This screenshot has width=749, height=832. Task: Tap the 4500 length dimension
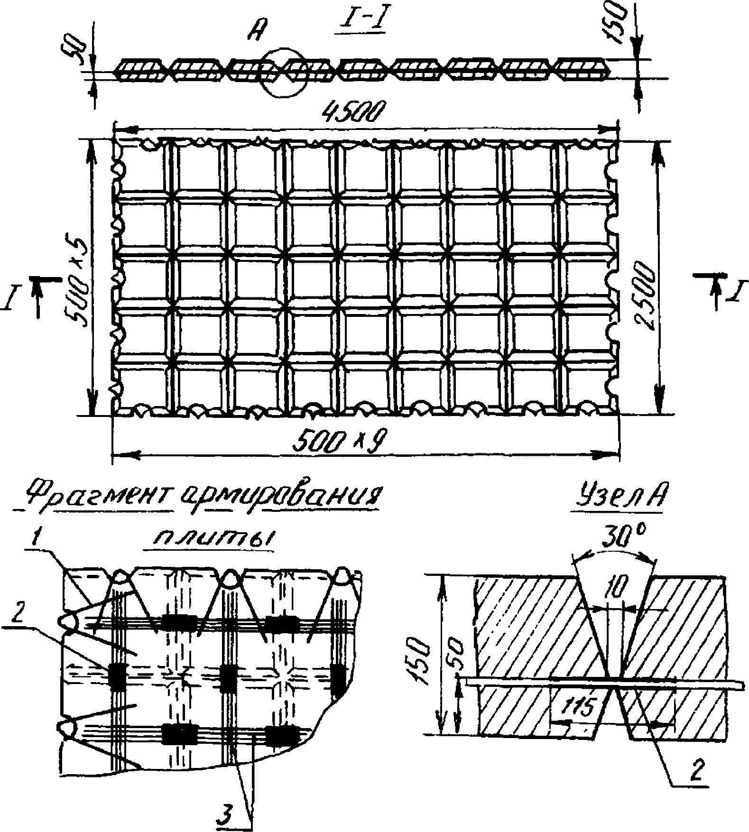coord(351,114)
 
